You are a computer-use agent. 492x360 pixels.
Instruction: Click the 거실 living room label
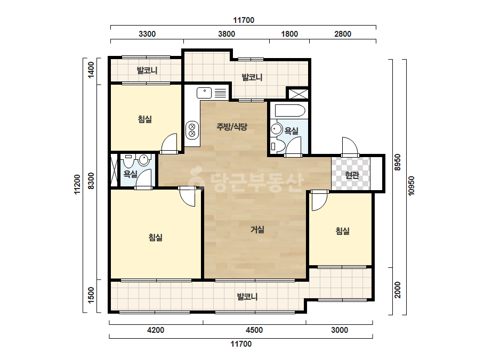[257, 230]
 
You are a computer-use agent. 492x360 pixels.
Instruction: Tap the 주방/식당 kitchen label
[232, 127]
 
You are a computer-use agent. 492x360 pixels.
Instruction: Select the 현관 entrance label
[352, 175]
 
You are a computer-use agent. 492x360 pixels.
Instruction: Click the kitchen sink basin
[204, 93]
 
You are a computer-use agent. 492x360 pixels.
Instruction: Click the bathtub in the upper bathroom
[290, 111]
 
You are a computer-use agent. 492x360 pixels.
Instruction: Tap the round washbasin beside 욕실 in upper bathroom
[277, 129]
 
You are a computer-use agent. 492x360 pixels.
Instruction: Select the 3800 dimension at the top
[227, 34]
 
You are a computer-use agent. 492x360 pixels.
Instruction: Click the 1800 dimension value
[289, 34]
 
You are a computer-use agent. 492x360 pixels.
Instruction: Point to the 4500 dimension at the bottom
[254, 330]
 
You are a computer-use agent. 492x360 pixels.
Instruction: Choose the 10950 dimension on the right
[412, 186]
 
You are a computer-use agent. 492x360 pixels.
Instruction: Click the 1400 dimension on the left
[91, 70]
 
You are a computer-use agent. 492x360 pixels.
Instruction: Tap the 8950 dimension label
[398, 162]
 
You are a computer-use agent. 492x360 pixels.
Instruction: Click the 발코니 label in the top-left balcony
[147, 70]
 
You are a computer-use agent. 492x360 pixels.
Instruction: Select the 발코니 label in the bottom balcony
[247, 296]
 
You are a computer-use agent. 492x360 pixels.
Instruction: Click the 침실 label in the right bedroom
[343, 231]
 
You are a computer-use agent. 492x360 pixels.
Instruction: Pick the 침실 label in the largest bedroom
[156, 238]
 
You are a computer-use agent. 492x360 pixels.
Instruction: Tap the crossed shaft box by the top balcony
[298, 94]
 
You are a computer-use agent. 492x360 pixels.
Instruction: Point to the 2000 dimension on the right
[398, 290]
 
